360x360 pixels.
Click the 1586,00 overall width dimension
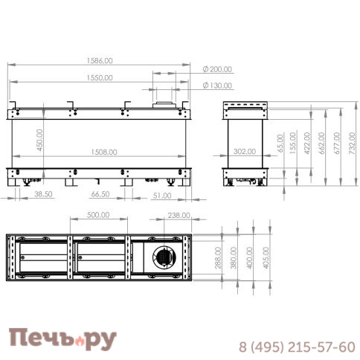click(99, 61)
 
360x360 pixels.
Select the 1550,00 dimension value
click(99, 77)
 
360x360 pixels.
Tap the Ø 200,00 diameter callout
click(217, 69)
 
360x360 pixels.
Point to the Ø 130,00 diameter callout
click(217, 86)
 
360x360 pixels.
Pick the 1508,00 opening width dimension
click(99, 152)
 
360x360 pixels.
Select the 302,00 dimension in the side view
click(244, 151)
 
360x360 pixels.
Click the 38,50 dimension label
click(43, 194)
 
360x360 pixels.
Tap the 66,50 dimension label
click(100, 194)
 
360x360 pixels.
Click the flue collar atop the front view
click(162, 103)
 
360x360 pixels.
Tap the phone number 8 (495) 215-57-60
click(296, 347)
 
